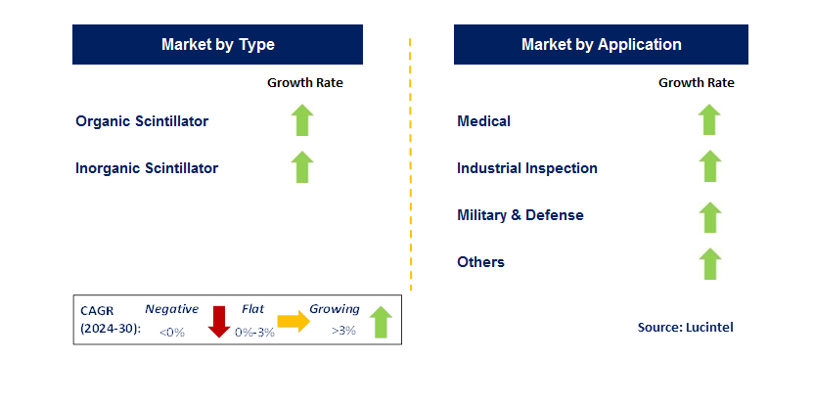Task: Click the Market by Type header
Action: (217, 45)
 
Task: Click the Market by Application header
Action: (601, 45)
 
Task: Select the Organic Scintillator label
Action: (142, 121)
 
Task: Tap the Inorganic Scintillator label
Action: (147, 168)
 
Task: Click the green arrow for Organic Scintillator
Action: (302, 120)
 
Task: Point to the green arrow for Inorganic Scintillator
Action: (302, 167)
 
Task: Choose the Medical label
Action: (484, 121)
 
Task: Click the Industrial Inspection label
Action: (527, 168)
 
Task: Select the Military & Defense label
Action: (520, 215)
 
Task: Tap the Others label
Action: (480, 262)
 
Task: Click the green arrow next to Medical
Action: (709, 119)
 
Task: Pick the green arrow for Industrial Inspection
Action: (709, 166)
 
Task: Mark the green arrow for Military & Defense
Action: (709, 217)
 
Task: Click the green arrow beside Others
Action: (709, 264)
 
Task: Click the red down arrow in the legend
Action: (219, 322)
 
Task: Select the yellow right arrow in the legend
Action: (294, 322)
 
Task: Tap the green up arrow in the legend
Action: (381, 322)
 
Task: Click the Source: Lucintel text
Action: (685, 327)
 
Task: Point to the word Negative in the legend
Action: (172, 309)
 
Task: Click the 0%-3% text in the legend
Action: (254, 333)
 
